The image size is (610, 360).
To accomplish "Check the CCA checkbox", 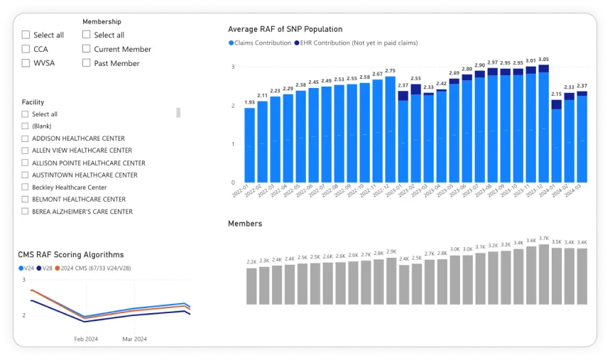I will [x=26, y=49].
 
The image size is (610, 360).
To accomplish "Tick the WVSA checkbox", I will [x=26, y=63].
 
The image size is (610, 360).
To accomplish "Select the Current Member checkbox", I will [x=86, y=49].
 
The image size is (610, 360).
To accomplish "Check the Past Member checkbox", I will [x=86, y=63].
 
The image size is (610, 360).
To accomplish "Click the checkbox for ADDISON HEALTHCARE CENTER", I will [x=26, y=138].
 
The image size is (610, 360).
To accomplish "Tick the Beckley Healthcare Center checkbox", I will [x=26, y=187].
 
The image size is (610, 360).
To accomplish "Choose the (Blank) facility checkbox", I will [x=26, y=126].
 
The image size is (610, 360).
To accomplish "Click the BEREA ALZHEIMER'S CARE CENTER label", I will [x=82, y=212].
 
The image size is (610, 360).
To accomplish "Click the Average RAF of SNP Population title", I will [x=285, y=29].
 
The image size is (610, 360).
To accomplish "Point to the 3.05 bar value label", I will [x=543, y=60].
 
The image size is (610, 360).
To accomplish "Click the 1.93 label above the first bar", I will [x=250, y=102].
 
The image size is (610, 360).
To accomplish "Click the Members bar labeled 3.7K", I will [x=543, y=265].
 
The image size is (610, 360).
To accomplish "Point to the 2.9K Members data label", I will [x=391, y=251].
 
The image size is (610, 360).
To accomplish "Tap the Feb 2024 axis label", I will [x=87, y=339].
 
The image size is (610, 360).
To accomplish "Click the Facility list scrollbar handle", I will [x=178, y=112].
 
